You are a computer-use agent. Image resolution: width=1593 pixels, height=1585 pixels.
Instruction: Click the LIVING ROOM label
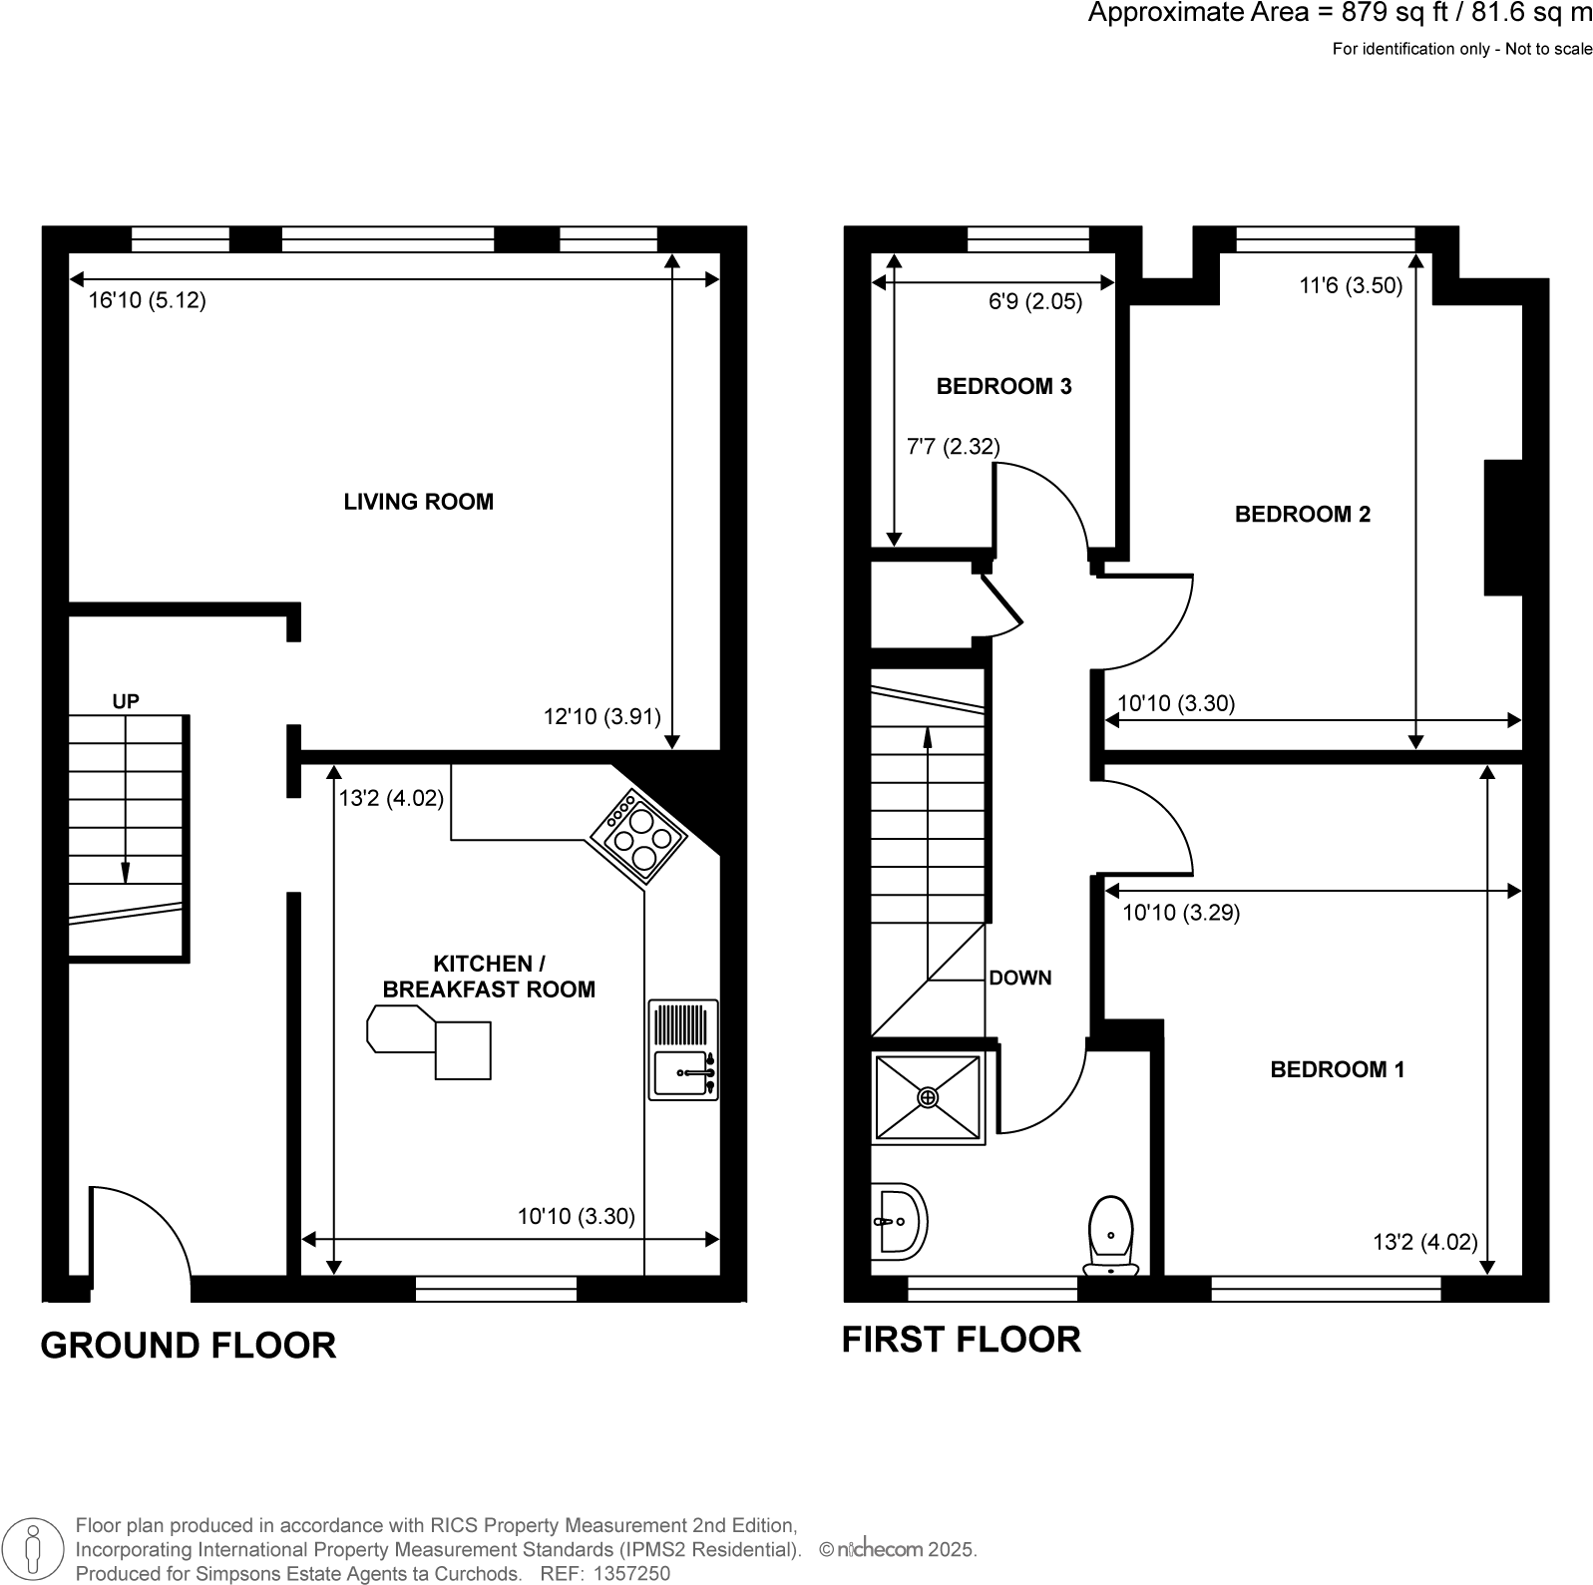click(x=418, y=502)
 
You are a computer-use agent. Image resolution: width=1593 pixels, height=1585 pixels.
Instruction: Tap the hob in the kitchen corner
click(x=636, y=836)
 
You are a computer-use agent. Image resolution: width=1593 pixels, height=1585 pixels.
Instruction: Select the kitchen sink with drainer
click(x=683, y=1049)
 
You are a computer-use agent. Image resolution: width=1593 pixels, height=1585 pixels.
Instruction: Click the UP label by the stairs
click(x=126, y=702)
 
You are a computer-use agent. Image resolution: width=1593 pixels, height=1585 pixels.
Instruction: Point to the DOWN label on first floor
click(x=1019, y=979)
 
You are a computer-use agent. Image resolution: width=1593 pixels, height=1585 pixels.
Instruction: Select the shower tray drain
click(x=928, y=1097)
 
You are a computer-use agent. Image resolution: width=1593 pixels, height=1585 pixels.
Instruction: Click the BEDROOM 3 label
click(x=1003, y=387)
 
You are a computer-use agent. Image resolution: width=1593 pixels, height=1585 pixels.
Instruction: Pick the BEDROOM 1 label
click(x=1337, y=1070)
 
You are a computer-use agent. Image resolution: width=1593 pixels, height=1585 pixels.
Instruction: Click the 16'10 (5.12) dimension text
click(x=147, y=300)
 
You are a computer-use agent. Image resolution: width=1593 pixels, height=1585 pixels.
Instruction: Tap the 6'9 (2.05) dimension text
click(x=1034, y=301)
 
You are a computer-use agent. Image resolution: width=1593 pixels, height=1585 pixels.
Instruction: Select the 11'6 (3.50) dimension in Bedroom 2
click(x=1351, y=286)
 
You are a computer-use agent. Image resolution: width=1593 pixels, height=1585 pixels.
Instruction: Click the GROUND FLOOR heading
click(x=188, y=1346)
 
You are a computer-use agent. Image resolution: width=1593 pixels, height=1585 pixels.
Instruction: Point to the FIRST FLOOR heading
click(x=961, y=1340)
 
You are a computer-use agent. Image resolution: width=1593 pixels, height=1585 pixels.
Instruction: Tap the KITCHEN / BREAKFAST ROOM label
click(x=489, y=977)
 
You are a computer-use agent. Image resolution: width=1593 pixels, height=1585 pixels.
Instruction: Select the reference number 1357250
click(x=631, y=1574)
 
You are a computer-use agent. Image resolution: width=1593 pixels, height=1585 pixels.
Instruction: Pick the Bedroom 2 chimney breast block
click(x=1502, y=527)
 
